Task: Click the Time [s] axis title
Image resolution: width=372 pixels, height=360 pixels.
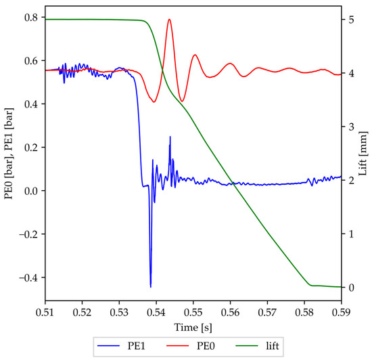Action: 193,326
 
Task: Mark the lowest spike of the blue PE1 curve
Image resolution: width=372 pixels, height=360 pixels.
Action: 151,287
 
